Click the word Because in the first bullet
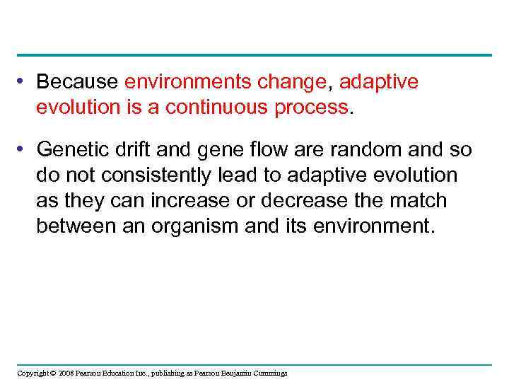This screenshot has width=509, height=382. pos(78,82)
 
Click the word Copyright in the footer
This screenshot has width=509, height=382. pos(33,374)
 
